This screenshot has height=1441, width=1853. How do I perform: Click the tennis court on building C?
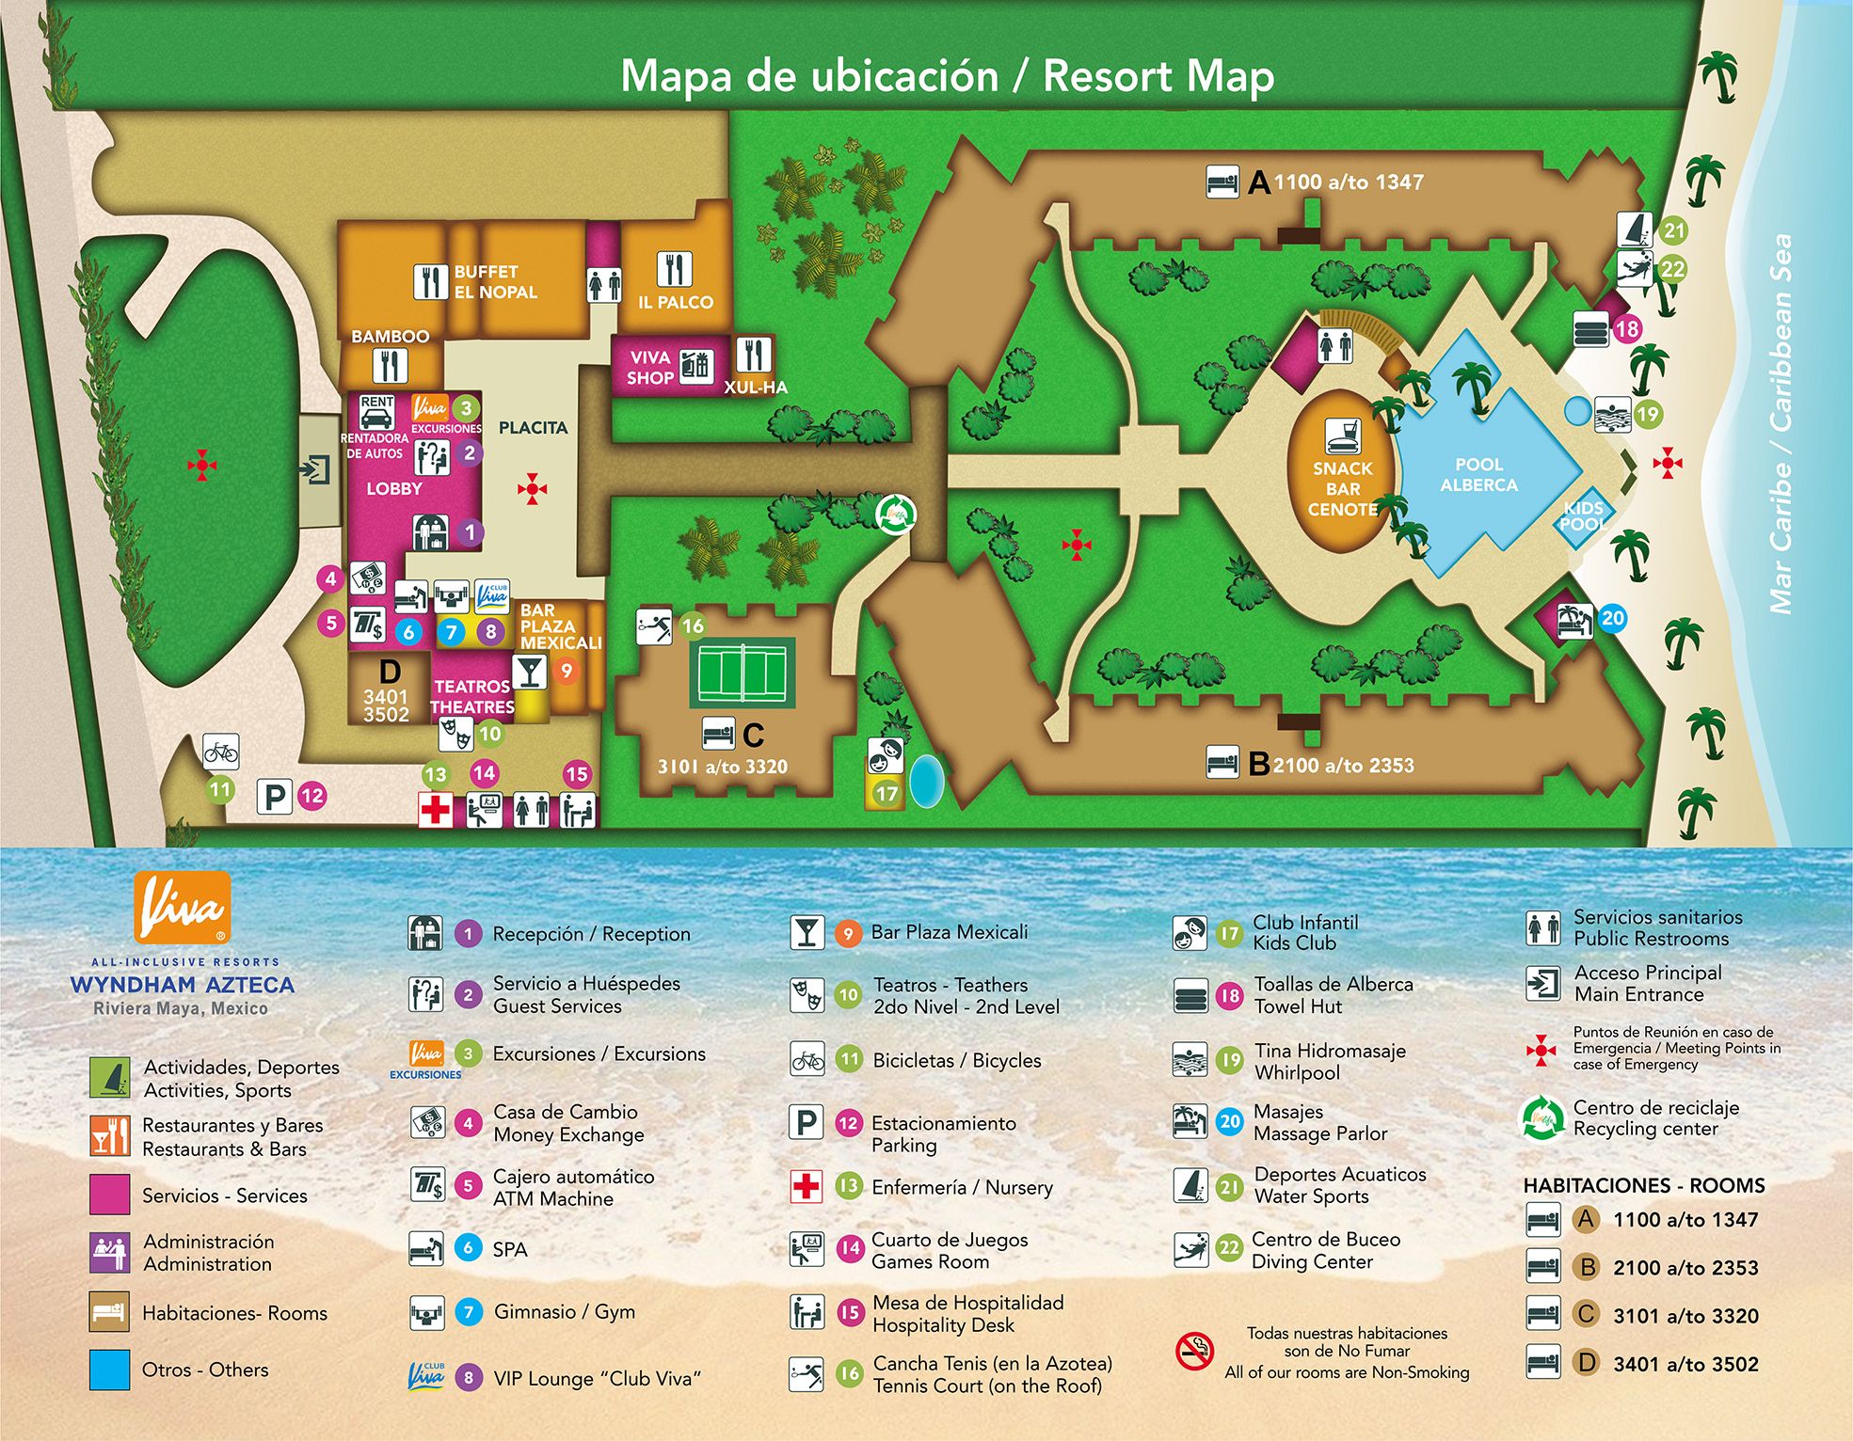[742, 673]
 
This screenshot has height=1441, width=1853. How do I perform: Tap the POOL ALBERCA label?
[1478, 475]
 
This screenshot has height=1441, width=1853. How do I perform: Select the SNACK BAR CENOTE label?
[1342, 489]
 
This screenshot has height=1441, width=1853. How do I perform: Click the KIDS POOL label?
[1583, 515]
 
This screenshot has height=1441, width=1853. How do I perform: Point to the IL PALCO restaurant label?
[675, 302]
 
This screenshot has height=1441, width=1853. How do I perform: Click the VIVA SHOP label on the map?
[650, 368]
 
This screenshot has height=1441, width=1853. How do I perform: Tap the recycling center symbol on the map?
[895, 515]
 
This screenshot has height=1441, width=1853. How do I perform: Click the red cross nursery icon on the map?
[435, 809]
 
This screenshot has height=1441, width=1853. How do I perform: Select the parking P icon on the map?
[275, 797]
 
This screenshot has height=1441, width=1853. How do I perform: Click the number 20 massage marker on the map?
[1612, 618]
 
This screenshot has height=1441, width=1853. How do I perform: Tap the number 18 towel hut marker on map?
[1627, 329]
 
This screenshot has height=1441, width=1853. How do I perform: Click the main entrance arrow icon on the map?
[315, 468]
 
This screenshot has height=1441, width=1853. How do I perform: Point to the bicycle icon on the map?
[221, 752]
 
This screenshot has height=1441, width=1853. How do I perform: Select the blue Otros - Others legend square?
[109, 1370]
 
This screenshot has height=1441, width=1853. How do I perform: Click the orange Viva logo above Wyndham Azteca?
[183, 907]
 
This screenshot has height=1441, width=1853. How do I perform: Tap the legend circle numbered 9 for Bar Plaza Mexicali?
[848, 933]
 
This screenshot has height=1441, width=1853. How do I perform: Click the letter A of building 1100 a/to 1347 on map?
[1259, 182]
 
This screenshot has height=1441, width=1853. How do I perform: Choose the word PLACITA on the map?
[533, 428]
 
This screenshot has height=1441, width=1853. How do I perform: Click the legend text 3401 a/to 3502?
[1685, 1364]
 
